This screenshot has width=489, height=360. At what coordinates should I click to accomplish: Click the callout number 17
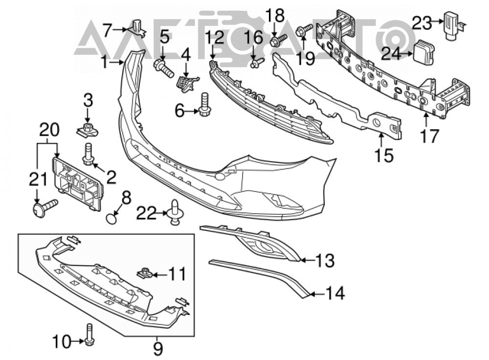[x=429, y=136]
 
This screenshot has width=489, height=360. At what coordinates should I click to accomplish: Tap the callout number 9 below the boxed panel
[x=158, y=349]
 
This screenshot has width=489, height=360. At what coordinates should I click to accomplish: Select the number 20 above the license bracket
[x=49, y=130]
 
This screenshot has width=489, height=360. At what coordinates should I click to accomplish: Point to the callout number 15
[x=384, y=155]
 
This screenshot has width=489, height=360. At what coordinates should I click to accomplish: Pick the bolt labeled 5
[x=163, y=67]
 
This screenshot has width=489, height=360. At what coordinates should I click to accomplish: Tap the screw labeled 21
[x=45, y=206]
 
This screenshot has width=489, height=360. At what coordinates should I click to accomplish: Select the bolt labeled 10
[x=89, y=335]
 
